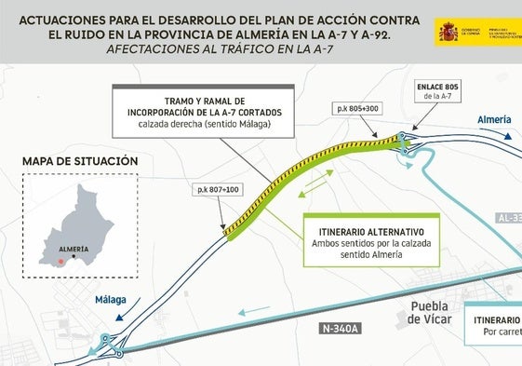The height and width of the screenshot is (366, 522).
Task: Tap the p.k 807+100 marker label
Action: point(217,190)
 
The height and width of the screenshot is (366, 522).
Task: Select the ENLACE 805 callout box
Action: point(436,91)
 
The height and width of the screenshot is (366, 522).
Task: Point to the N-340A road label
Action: point(342,328)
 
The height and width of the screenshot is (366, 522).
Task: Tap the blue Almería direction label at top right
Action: point(493,121)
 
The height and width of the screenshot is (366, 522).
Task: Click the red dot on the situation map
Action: point(61,262)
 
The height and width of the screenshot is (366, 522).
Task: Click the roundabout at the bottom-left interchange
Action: point(107,341)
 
